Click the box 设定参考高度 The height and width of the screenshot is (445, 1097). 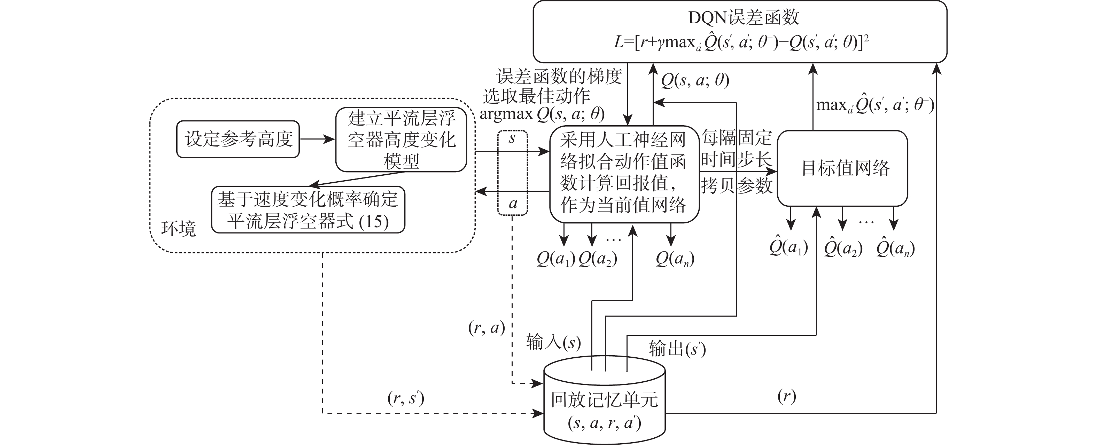coord(238,139)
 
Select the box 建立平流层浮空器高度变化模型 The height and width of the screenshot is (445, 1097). coord(401,140)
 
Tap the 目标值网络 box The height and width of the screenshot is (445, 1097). coord(845,168)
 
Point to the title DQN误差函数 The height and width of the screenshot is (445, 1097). coord(744,17)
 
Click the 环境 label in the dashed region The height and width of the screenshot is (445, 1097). coord(178,229)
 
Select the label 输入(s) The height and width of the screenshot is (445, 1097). coord(553,342)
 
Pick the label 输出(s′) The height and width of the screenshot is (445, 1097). coord(677,349)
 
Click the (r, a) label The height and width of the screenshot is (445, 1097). coord(486,328)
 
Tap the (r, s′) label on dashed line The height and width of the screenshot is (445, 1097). coord(405,398)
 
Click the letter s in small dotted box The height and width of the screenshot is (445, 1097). coord(512,138)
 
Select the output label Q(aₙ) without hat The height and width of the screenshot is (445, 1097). coord(675,259)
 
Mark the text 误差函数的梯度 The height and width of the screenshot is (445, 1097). coord(559,77)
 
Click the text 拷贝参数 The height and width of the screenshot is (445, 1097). coord(736,185)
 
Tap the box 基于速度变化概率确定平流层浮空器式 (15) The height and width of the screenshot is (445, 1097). coord(308,210)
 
